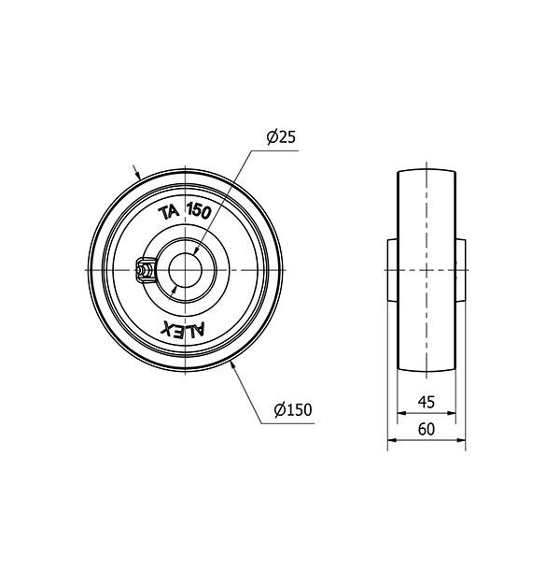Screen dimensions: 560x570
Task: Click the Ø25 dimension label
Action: (281, 136)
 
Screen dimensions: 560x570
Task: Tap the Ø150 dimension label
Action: (293, 410)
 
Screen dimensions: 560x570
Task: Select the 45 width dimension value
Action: (427, 402)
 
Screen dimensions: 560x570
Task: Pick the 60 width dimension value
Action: (427, 429)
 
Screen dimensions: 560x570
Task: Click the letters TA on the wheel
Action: (169, 213)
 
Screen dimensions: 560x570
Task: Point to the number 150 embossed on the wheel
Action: (199, 211)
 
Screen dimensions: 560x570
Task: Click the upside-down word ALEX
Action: (183, 330)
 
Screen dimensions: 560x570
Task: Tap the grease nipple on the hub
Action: (145, 270)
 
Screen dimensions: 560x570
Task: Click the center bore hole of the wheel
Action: (185, 270)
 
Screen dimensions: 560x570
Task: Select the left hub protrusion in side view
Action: (393, 270)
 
